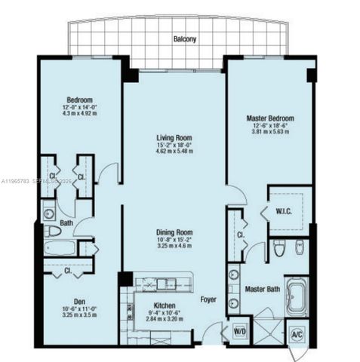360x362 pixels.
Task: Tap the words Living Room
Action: click(174, 138)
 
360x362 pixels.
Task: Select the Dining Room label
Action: click(174, 232)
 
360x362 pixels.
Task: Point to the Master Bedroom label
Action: click(269, 118)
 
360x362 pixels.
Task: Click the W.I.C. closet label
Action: click(285, 211)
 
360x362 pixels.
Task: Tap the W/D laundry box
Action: click(241, 330)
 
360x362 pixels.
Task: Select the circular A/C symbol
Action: click(297, 333)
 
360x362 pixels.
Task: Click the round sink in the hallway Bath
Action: click(50, 213)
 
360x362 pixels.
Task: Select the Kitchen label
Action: click(163, 305)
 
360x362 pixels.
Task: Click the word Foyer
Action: click(208, 299)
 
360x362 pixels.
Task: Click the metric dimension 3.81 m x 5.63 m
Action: click(269, 133)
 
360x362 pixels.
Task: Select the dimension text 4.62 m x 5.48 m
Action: click(174, 152)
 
